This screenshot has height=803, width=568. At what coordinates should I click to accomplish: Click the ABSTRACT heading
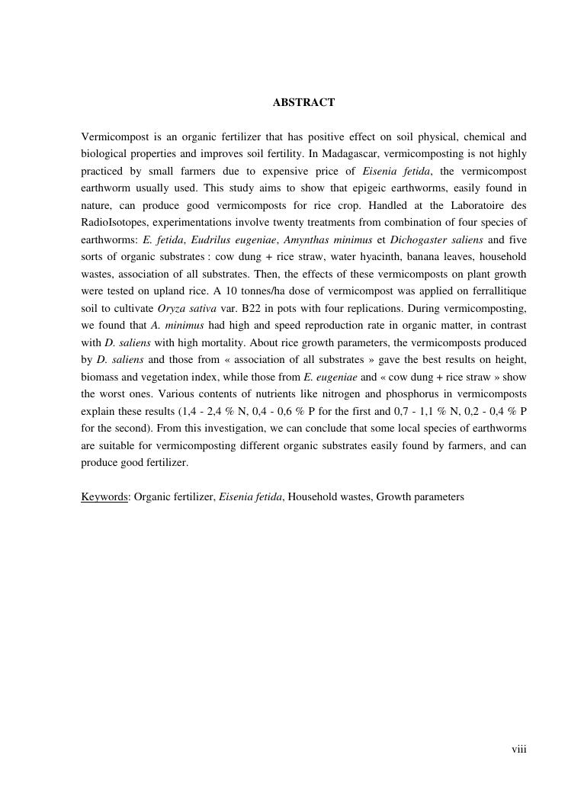[303, 102]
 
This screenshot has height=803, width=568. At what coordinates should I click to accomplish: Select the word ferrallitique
[494, 291]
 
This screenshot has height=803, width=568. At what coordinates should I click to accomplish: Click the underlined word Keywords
[104, 496]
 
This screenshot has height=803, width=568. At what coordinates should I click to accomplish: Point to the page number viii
[518, 750]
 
